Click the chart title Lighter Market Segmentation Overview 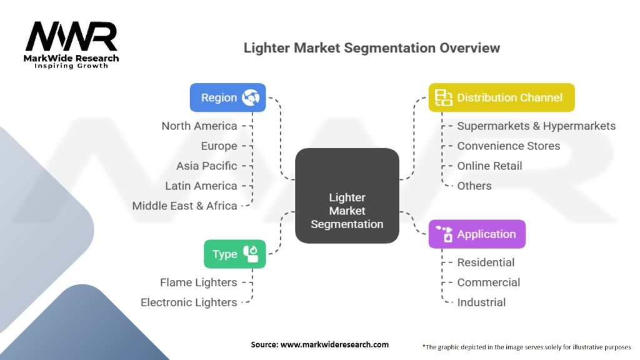pyautogui.click(x=371, y=48)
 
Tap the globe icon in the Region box pyautogui.click(x=251, y=97)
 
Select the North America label pyautogui.click(x=199, y=126)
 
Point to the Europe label pyautogui.click(x=219, y=146)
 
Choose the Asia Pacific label pyautogui.click(x=207, y=166)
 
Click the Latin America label pyautogui.click(x=201, y=186)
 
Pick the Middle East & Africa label pyautogui.click(x=185, y=206)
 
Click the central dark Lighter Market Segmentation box pyautogui.click(x=347, y=195)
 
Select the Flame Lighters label pyautogui.click(x=198, y=282)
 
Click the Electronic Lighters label pyautogui.click(x=189, y=302)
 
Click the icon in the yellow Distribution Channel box pyautogui.click(x=444, y=97)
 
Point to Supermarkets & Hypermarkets pyautogui.click(x=536, y=126)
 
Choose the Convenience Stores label pyautogui.click(x=509, y=146)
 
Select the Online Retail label pyautogui.click(x=489, y=166)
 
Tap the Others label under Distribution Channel pyautogui.click(x=474, y=186)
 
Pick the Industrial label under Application pyautogui.click(x=481, y=302)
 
